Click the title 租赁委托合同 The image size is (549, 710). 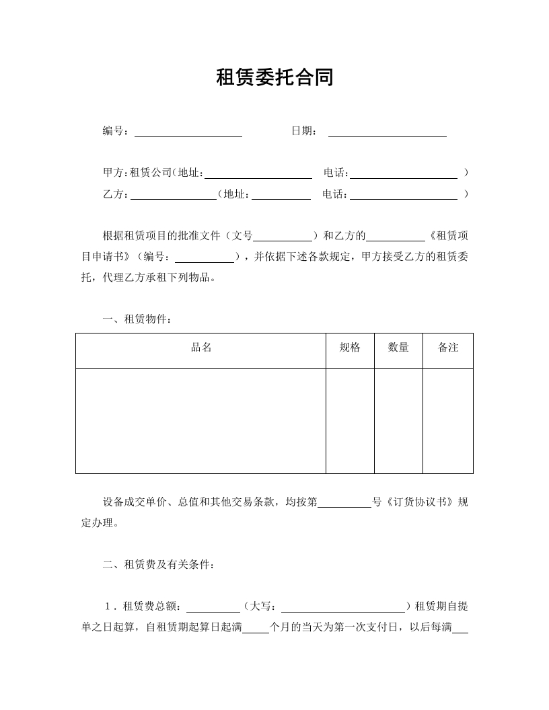pos(274,78)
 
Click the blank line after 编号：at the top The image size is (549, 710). pos(188,132)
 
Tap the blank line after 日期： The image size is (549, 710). pos(387,132)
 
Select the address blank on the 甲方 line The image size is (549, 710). pos(258,174)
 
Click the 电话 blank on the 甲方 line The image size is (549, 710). pos(404,174)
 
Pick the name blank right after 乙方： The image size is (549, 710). pos(173,196)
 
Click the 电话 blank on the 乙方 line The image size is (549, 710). pos(404,196)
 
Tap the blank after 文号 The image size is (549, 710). pos(283,237)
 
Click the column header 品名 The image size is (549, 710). pos(201,348)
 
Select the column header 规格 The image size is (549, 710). pos(350,348)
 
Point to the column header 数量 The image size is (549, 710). pos(398,348)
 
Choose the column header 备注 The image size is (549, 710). pos(448,348)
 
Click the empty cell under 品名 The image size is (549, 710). pos(201,420)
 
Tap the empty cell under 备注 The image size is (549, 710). pos(448,420)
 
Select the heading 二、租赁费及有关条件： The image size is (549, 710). pos(159,565)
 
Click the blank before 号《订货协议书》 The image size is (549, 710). pos(344,503)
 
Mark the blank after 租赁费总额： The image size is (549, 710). pos(213,608)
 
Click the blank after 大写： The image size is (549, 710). pos(342,608)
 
